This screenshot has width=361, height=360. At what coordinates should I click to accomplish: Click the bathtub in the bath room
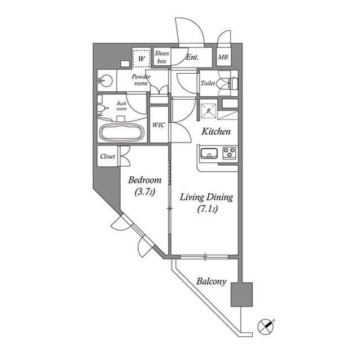click(x=122, y=133)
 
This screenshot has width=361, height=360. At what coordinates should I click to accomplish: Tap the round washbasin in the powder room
click(x=105, y=81)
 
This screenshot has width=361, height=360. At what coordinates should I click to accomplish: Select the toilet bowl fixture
click(x=227, y=83)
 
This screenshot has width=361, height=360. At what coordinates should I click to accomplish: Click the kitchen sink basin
click(x=209, y=153)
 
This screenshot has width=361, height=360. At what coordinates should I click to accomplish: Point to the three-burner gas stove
click(x=230, y=153)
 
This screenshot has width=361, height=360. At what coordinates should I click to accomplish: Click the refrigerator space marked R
click(x=209, y=111)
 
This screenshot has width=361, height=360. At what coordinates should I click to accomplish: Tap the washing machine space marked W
click(x=141, y=59)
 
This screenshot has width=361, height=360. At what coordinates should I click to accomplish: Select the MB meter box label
click(x=223, y=57)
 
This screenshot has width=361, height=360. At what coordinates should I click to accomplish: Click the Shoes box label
click(x=162, y=57)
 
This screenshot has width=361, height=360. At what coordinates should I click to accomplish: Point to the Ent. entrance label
click(x=192, y=57)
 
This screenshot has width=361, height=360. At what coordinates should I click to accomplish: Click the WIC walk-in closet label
click(x=159, y=125)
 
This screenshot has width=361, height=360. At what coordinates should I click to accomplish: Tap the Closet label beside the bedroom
click(x=108, y=157)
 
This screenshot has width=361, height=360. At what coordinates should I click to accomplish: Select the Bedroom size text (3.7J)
click(x=144, y=192)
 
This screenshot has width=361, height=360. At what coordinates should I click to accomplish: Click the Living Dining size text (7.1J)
click(x=208, y=209)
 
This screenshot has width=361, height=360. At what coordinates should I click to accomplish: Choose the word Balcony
click(x=212, y=281)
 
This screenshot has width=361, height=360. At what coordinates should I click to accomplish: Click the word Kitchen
click(x=216, y=131)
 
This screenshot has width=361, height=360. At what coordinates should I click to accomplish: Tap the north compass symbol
click(x=266, y=326)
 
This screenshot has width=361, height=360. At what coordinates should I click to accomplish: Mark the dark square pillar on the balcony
click(x=242, y=294)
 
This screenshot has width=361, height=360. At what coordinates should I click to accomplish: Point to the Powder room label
click(x=141, y=80)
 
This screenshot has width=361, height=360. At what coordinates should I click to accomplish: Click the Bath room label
click(x=121, y=106)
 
